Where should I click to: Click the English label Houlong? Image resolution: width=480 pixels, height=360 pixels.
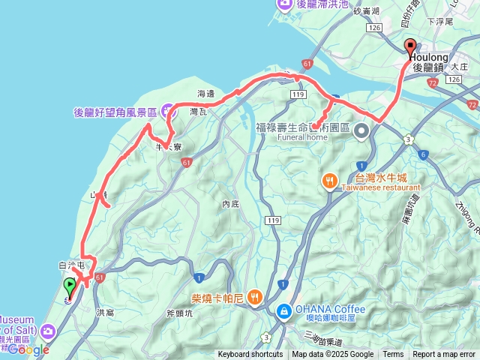(x=430, y=57)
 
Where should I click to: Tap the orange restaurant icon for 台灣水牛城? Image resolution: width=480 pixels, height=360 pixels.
(x=329, y=181)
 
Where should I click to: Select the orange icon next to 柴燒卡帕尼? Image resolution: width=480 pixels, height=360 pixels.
(x=255, y=297)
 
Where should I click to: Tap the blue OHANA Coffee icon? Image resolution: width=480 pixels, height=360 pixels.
(x=285, y=310)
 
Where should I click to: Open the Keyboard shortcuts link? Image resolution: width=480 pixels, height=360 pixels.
(x=250, y=355)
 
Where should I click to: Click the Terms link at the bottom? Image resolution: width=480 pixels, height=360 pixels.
(x=393, y=355)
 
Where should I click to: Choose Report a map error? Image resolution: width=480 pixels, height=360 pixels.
(x=443, y=355)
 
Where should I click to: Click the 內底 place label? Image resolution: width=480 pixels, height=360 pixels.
(x=229, y=204)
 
